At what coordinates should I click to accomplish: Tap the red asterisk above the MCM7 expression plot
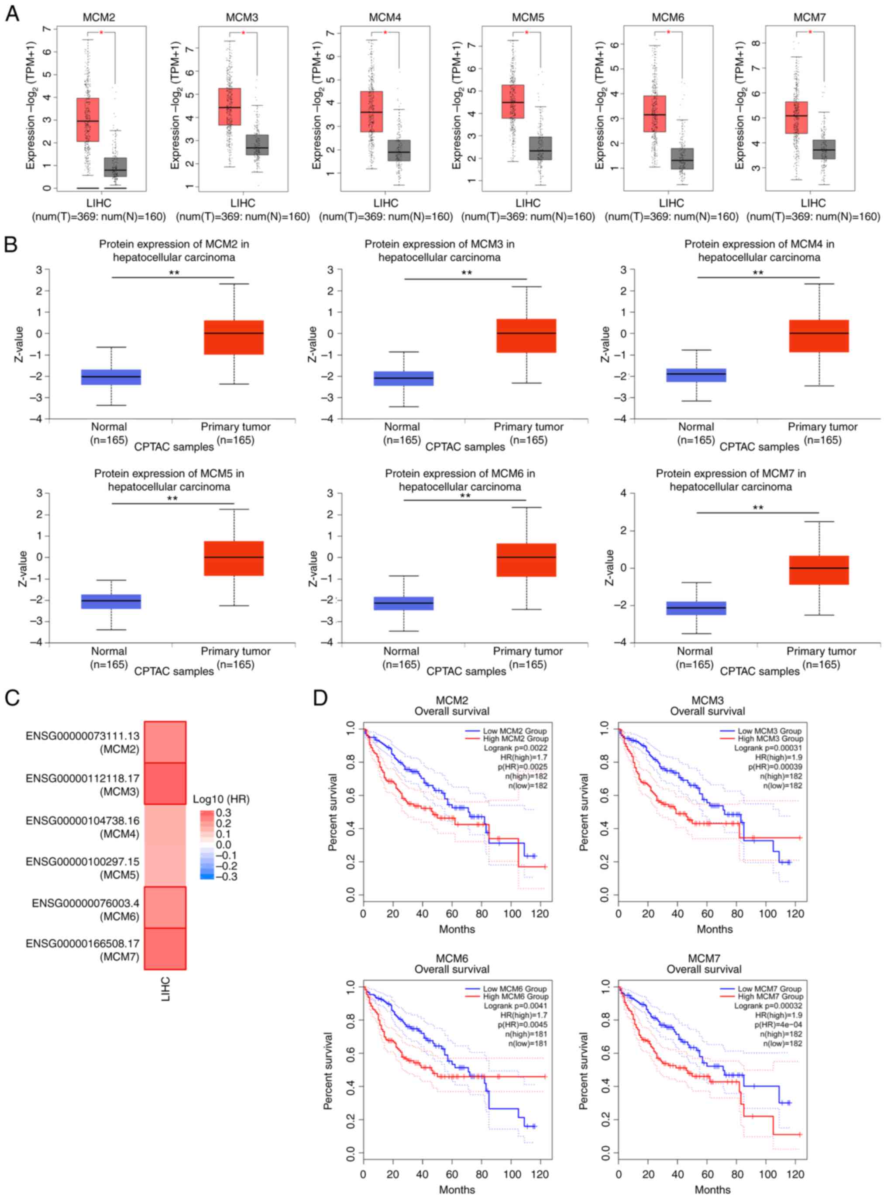810,33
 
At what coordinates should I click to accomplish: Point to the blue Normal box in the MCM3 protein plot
403,378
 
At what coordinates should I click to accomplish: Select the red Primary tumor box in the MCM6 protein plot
526,560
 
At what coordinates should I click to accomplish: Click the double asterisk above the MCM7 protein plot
758,507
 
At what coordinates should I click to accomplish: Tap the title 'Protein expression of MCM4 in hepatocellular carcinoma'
759,251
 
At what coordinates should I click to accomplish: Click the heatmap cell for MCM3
165,783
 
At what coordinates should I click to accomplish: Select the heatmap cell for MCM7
165,948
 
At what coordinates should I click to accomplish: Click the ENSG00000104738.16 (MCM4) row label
82,827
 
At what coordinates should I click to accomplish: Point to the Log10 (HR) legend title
221,799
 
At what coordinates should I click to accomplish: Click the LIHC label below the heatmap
165,989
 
